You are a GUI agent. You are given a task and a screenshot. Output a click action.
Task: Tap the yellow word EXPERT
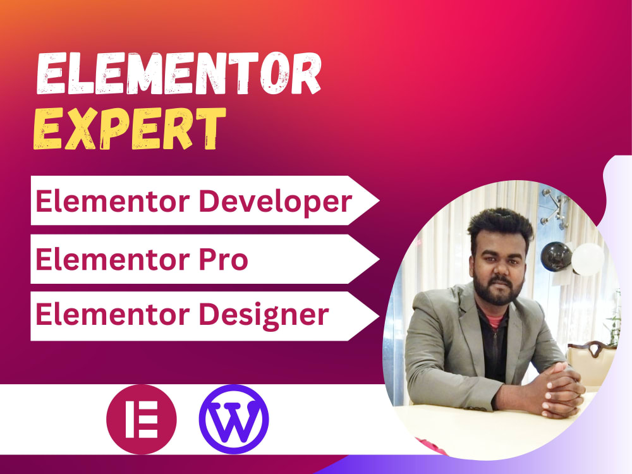click(130, 130)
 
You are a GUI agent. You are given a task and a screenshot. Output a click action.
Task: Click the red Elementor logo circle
click(142, 419)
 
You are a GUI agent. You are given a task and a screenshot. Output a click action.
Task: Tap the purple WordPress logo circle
click(233, 419)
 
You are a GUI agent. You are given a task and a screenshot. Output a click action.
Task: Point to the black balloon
click(556, 256)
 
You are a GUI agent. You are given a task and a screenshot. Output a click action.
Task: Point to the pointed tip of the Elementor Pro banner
click(377, 258)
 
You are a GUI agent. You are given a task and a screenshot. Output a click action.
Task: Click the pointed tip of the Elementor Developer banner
click(377, 201)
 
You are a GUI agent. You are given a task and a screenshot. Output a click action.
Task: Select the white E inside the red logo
click(142, 419)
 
